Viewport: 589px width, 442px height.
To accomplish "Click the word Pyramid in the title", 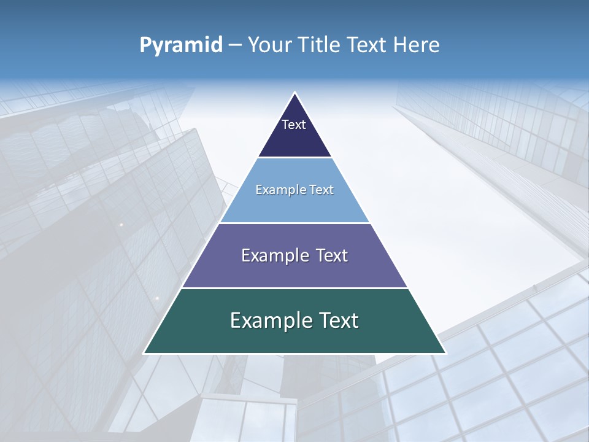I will coord(181,45).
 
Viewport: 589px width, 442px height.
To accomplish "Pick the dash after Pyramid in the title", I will coord(235,45).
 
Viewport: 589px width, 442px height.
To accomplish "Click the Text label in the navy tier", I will coord(294,125).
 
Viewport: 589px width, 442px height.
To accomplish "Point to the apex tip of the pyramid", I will coord(294,93).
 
